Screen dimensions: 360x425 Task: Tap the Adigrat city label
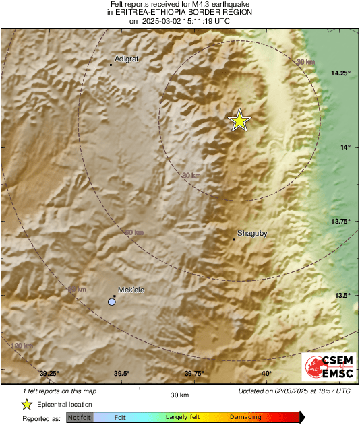tap(127, 59)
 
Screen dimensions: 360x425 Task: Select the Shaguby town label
tap(252, 234)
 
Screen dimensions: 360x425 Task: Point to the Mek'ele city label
tap(131, 290)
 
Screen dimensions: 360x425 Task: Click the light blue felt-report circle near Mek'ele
tap(112, 302)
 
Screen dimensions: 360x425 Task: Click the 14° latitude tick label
tap(345, 148)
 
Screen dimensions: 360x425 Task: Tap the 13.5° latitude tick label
tap(344, 296)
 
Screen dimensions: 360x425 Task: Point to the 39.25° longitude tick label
tap(49, 374)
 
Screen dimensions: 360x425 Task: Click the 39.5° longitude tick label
tap(121, 374)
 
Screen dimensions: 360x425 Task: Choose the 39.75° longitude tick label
tap(194, 374)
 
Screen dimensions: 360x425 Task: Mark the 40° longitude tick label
tap(266, 374)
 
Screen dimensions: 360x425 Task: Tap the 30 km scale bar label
tap(179, 395)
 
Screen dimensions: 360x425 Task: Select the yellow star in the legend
tap(26, 404)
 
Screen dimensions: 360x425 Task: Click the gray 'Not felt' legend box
tap(80, 418)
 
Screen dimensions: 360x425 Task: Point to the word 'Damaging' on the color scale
tap(245, 418)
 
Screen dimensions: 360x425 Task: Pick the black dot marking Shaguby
tap(233, 239)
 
